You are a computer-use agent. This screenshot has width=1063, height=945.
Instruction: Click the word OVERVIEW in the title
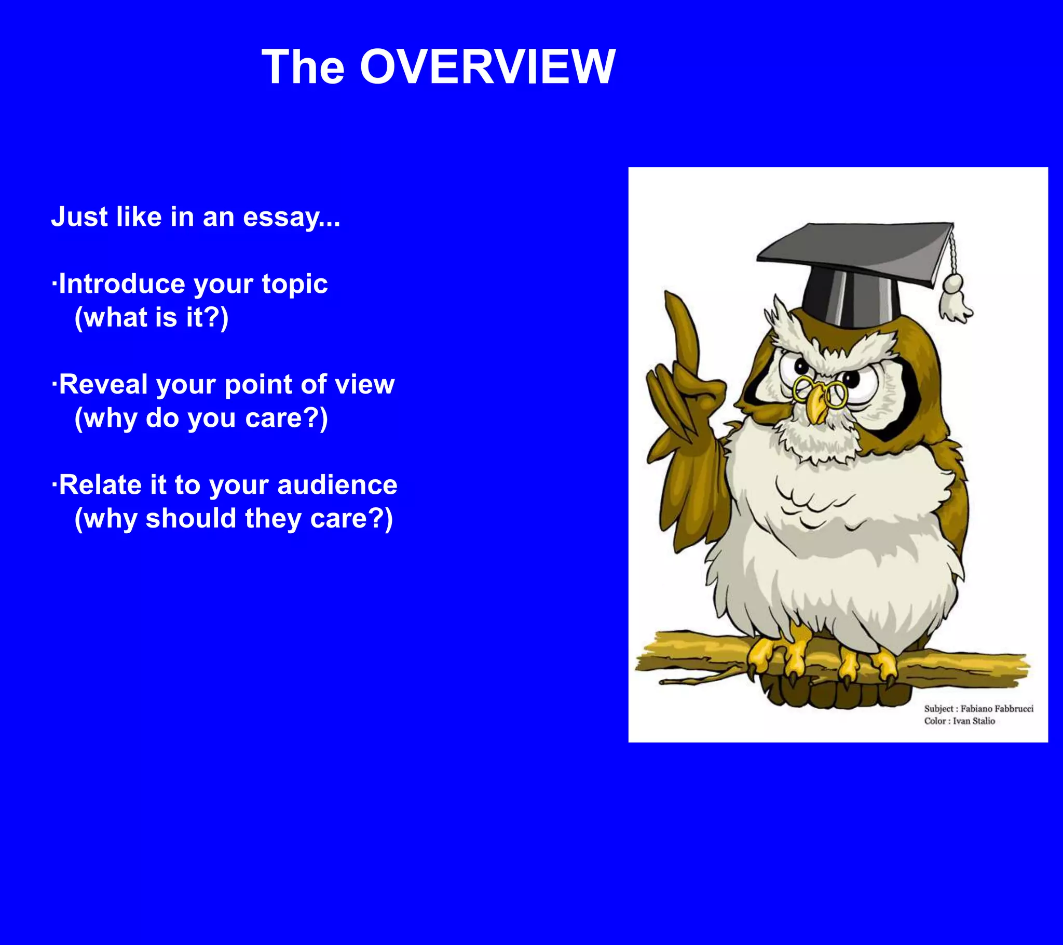[x=487, y=67]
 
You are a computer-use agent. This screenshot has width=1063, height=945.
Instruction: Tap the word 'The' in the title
[x=303, y=67]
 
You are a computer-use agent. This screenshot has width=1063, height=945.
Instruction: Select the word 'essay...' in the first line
[x=291, y=217]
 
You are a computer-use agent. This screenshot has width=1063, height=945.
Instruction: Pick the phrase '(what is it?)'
[x=152, y=317]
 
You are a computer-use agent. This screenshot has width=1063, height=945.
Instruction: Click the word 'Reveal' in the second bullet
[x=103, y=385]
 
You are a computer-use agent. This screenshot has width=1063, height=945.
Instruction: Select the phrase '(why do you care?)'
[x=201, y=419]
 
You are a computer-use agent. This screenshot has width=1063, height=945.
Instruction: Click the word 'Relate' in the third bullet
[x=100, y=485]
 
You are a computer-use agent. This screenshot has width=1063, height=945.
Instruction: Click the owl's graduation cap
[x=853, y=271]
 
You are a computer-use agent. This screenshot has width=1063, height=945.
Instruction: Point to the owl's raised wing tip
[x=676, y=307]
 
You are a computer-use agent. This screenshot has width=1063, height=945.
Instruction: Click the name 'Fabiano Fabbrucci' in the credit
[x=997, y=709]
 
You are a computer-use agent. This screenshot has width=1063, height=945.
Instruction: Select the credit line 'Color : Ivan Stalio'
[x=959, y=721]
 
